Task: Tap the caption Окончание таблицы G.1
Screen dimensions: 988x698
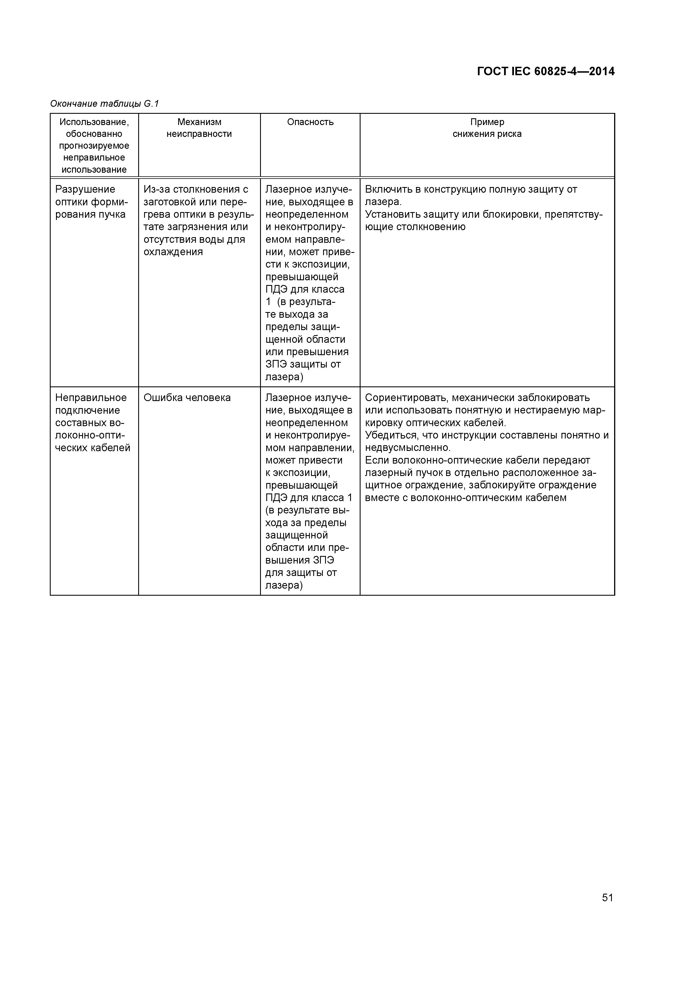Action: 104,104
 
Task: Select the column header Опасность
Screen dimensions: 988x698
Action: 310,122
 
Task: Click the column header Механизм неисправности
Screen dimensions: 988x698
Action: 199,128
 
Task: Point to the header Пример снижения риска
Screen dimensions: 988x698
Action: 487,128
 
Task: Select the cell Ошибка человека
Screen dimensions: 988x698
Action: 187,398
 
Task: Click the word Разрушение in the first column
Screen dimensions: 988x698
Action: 85,189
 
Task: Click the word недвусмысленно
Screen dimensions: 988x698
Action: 406,448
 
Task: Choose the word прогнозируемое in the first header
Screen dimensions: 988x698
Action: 94,146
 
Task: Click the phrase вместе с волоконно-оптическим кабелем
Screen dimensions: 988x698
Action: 466,498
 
